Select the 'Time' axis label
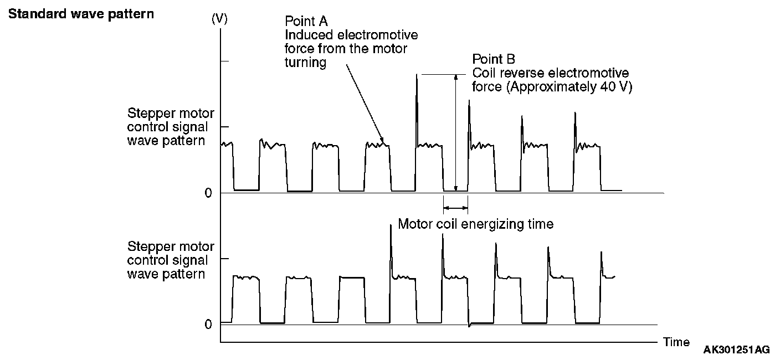pyautogui.click(x=676, y=342)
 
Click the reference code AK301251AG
pyautogui.click(x=736, y=350)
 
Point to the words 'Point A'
pyautogui.click(x=306, y=21)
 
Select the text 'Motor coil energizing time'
pyautogui.click(x=475, y=224)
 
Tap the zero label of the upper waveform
pyautogui.click(x=208, y=193)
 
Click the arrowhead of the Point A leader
pyautogui.click(x=382, y=141)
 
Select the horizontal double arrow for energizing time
pyautogui.click(x=455, y=208)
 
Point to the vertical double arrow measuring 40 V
pyautogui.click(x=455, y=133)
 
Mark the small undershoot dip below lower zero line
pyautogui.click(x=470, y=326)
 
